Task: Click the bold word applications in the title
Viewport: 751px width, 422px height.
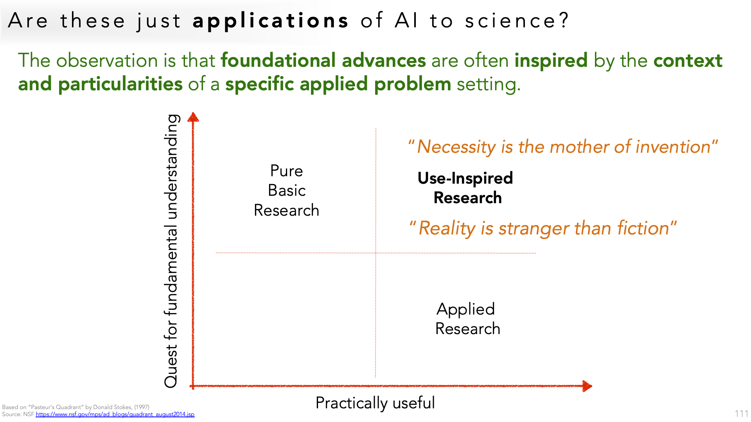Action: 270,21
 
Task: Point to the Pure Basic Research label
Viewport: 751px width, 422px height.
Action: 287,190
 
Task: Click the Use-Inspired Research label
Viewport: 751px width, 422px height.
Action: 465,188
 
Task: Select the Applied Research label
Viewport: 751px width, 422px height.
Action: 467,319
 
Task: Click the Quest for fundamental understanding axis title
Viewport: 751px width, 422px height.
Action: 171,251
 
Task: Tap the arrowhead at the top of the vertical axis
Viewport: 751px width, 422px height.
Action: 193,117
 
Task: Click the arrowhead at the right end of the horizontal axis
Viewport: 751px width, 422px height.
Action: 587,386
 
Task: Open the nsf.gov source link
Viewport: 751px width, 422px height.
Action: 115,414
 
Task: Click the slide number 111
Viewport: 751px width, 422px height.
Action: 742,414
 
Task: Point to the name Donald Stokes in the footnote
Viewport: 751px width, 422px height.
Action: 112,407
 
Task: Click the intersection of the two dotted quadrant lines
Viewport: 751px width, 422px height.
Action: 376,253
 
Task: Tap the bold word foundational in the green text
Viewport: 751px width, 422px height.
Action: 278,61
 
